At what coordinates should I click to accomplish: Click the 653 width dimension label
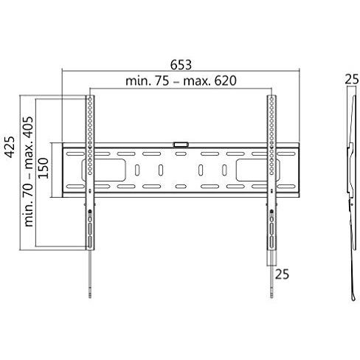pyautogui.click(x=181, y=65)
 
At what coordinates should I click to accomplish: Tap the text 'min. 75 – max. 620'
pyautogui.click(x=181, y=80)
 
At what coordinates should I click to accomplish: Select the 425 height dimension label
pyautogui.click(x=10, y=147)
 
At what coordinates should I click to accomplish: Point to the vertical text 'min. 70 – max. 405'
pyautogui.click(x=28, y=171)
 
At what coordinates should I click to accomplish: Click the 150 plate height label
pyautogui.click(x=44, y=168)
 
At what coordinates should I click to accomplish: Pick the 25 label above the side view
pyautogui.click(x=351, y=79)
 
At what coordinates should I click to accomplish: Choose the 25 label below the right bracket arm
pyautogui.click(x=282, y=274)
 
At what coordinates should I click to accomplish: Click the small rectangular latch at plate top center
pyautogui.click(x=181, y=145)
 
